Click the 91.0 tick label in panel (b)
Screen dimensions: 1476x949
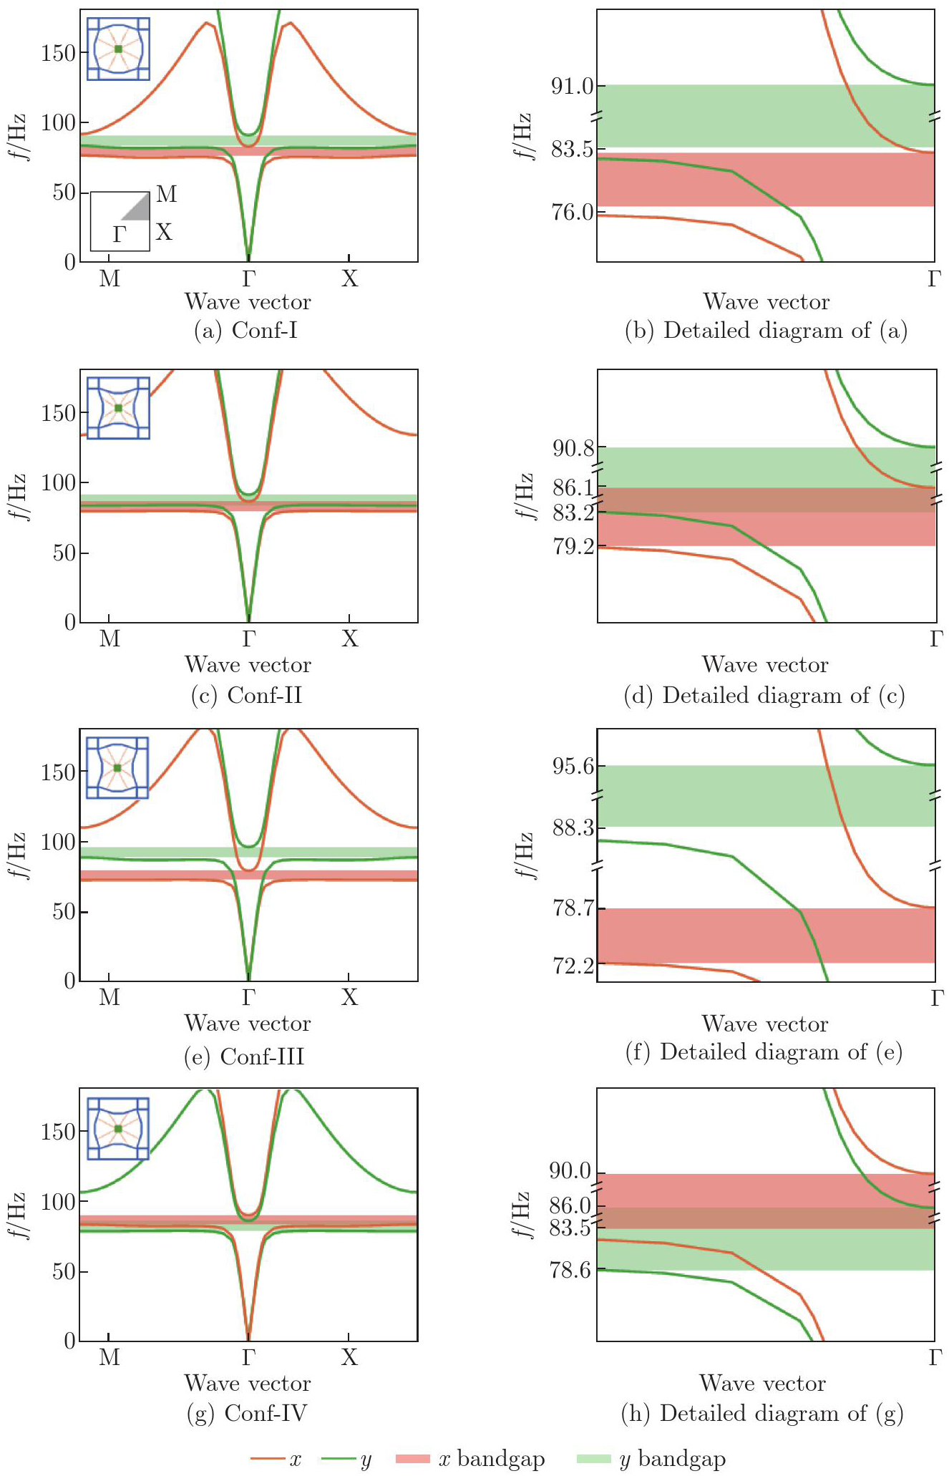[x=572, y=87]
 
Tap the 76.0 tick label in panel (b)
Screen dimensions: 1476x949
[x=572, y=213]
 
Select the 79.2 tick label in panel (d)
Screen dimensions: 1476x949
[x=573, y=547]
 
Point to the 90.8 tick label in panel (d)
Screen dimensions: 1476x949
[x=573, y=449]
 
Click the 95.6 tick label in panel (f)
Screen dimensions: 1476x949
[x=573, y=767]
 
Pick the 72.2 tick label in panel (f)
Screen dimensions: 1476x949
[x=573, y=966]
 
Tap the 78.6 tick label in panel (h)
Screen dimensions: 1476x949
[x=570, y=1271]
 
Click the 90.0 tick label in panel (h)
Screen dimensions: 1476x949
[x=570, y=1172]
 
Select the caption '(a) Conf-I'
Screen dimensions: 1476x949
[x=245, y=331]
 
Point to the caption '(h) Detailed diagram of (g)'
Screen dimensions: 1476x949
[x=762, y=1414]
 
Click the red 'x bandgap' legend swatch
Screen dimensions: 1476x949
[x=413, y=1459]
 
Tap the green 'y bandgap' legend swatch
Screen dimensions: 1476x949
[x=593, y=1459]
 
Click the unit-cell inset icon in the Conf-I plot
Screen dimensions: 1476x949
[x=118, y=49]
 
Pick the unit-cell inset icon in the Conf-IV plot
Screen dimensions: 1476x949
[x=118, y=1129]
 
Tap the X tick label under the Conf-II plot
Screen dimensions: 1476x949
[x=349, y=639]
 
